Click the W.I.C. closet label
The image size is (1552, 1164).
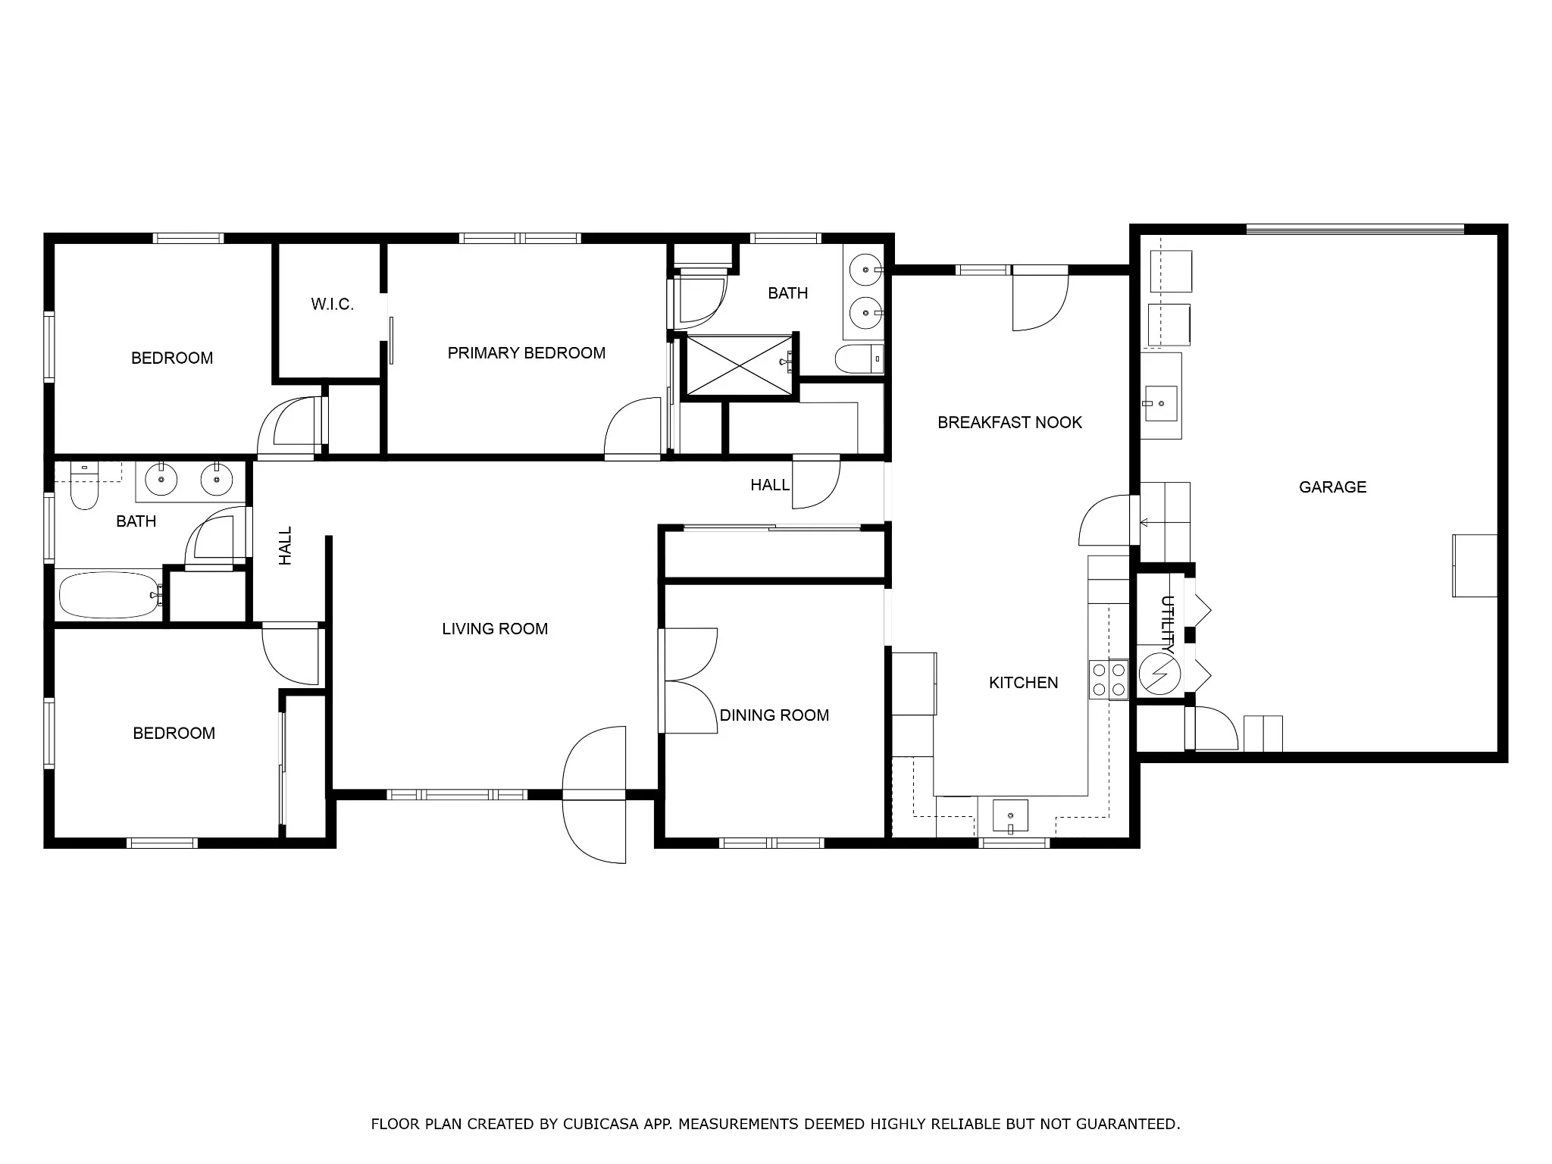point(332,304)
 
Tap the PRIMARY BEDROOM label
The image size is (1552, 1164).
point(527,352)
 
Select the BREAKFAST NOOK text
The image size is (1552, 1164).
point(1009,422)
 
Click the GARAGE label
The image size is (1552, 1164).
point(1332,487)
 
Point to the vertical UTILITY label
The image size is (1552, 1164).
point(1168,625)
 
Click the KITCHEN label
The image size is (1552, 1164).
point(1023,682)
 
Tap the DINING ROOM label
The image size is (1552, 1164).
point(774,715)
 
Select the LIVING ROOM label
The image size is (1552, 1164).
point(495,628)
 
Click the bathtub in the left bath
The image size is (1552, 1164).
point(111,596)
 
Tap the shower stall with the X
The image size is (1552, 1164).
point(740,365)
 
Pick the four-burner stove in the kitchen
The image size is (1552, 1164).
point(1109,680)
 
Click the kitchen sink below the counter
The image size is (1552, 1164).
point(1010,817)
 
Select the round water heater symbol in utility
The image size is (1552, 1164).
point(1159,674)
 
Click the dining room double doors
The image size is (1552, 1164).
point(688,681)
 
